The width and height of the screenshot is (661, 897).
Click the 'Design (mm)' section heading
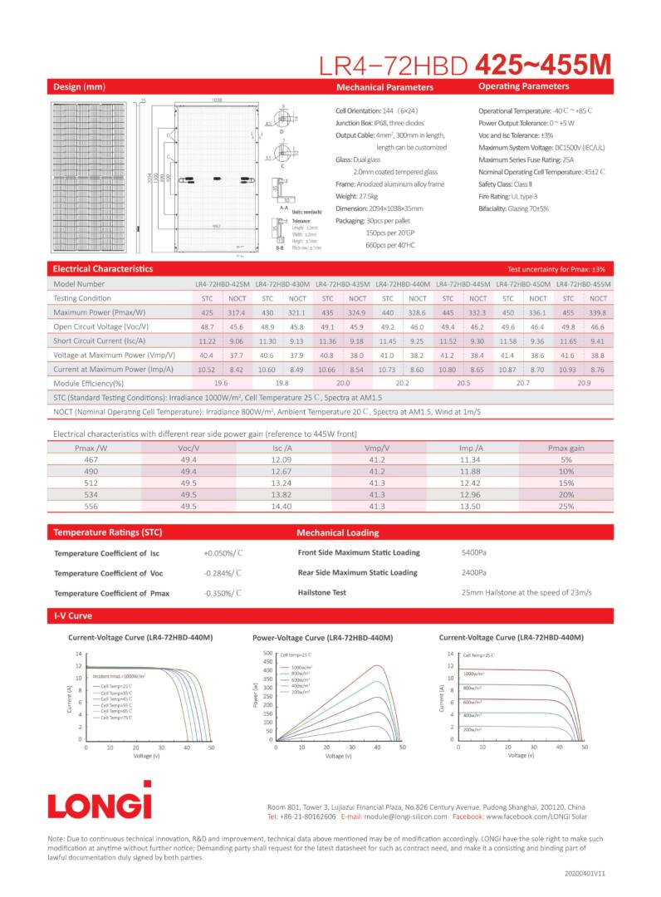pos(79,87)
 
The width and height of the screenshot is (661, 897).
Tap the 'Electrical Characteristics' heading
pos(102,269)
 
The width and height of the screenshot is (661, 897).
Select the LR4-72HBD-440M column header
pos(403,284)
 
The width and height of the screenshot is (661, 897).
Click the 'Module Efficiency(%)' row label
pos(88,383)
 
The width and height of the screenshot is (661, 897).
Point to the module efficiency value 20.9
pos(584,383)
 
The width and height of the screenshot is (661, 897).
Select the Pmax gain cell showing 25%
pos(566,505)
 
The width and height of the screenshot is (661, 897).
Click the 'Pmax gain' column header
pos(566,448)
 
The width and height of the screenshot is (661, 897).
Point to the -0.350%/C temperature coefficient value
pos(222,593)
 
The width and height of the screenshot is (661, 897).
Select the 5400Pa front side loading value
pos(473,552)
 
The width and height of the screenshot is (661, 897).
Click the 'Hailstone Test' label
pos(321,592)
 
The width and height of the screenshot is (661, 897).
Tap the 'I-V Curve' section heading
pos(72,616)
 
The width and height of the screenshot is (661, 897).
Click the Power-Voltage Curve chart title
pos(322,638)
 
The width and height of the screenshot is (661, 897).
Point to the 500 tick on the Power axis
pos(267,654)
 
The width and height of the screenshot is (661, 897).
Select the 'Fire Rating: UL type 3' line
pos(512,196)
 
